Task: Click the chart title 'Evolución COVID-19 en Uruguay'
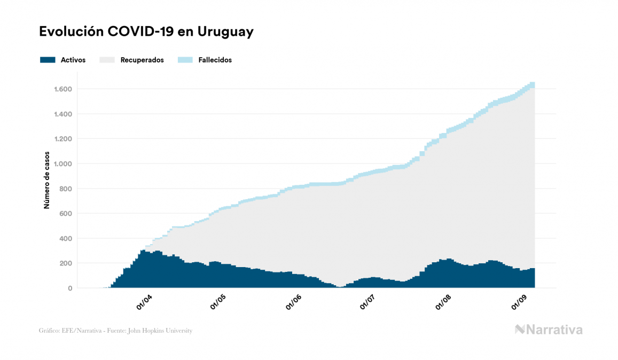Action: [x=146, y=32]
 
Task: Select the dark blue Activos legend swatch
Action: [x=48, y=60]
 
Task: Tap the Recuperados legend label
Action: [x=142, y=60]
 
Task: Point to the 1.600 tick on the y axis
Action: [x=64, y=89]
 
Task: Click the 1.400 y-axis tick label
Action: [x=64, y=114]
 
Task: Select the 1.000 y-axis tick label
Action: [x=64, y=164]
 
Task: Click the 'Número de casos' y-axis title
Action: [x=46, y=179]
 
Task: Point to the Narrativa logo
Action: [x=549, y=330]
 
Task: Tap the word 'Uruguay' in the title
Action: [x=225, y=32]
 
